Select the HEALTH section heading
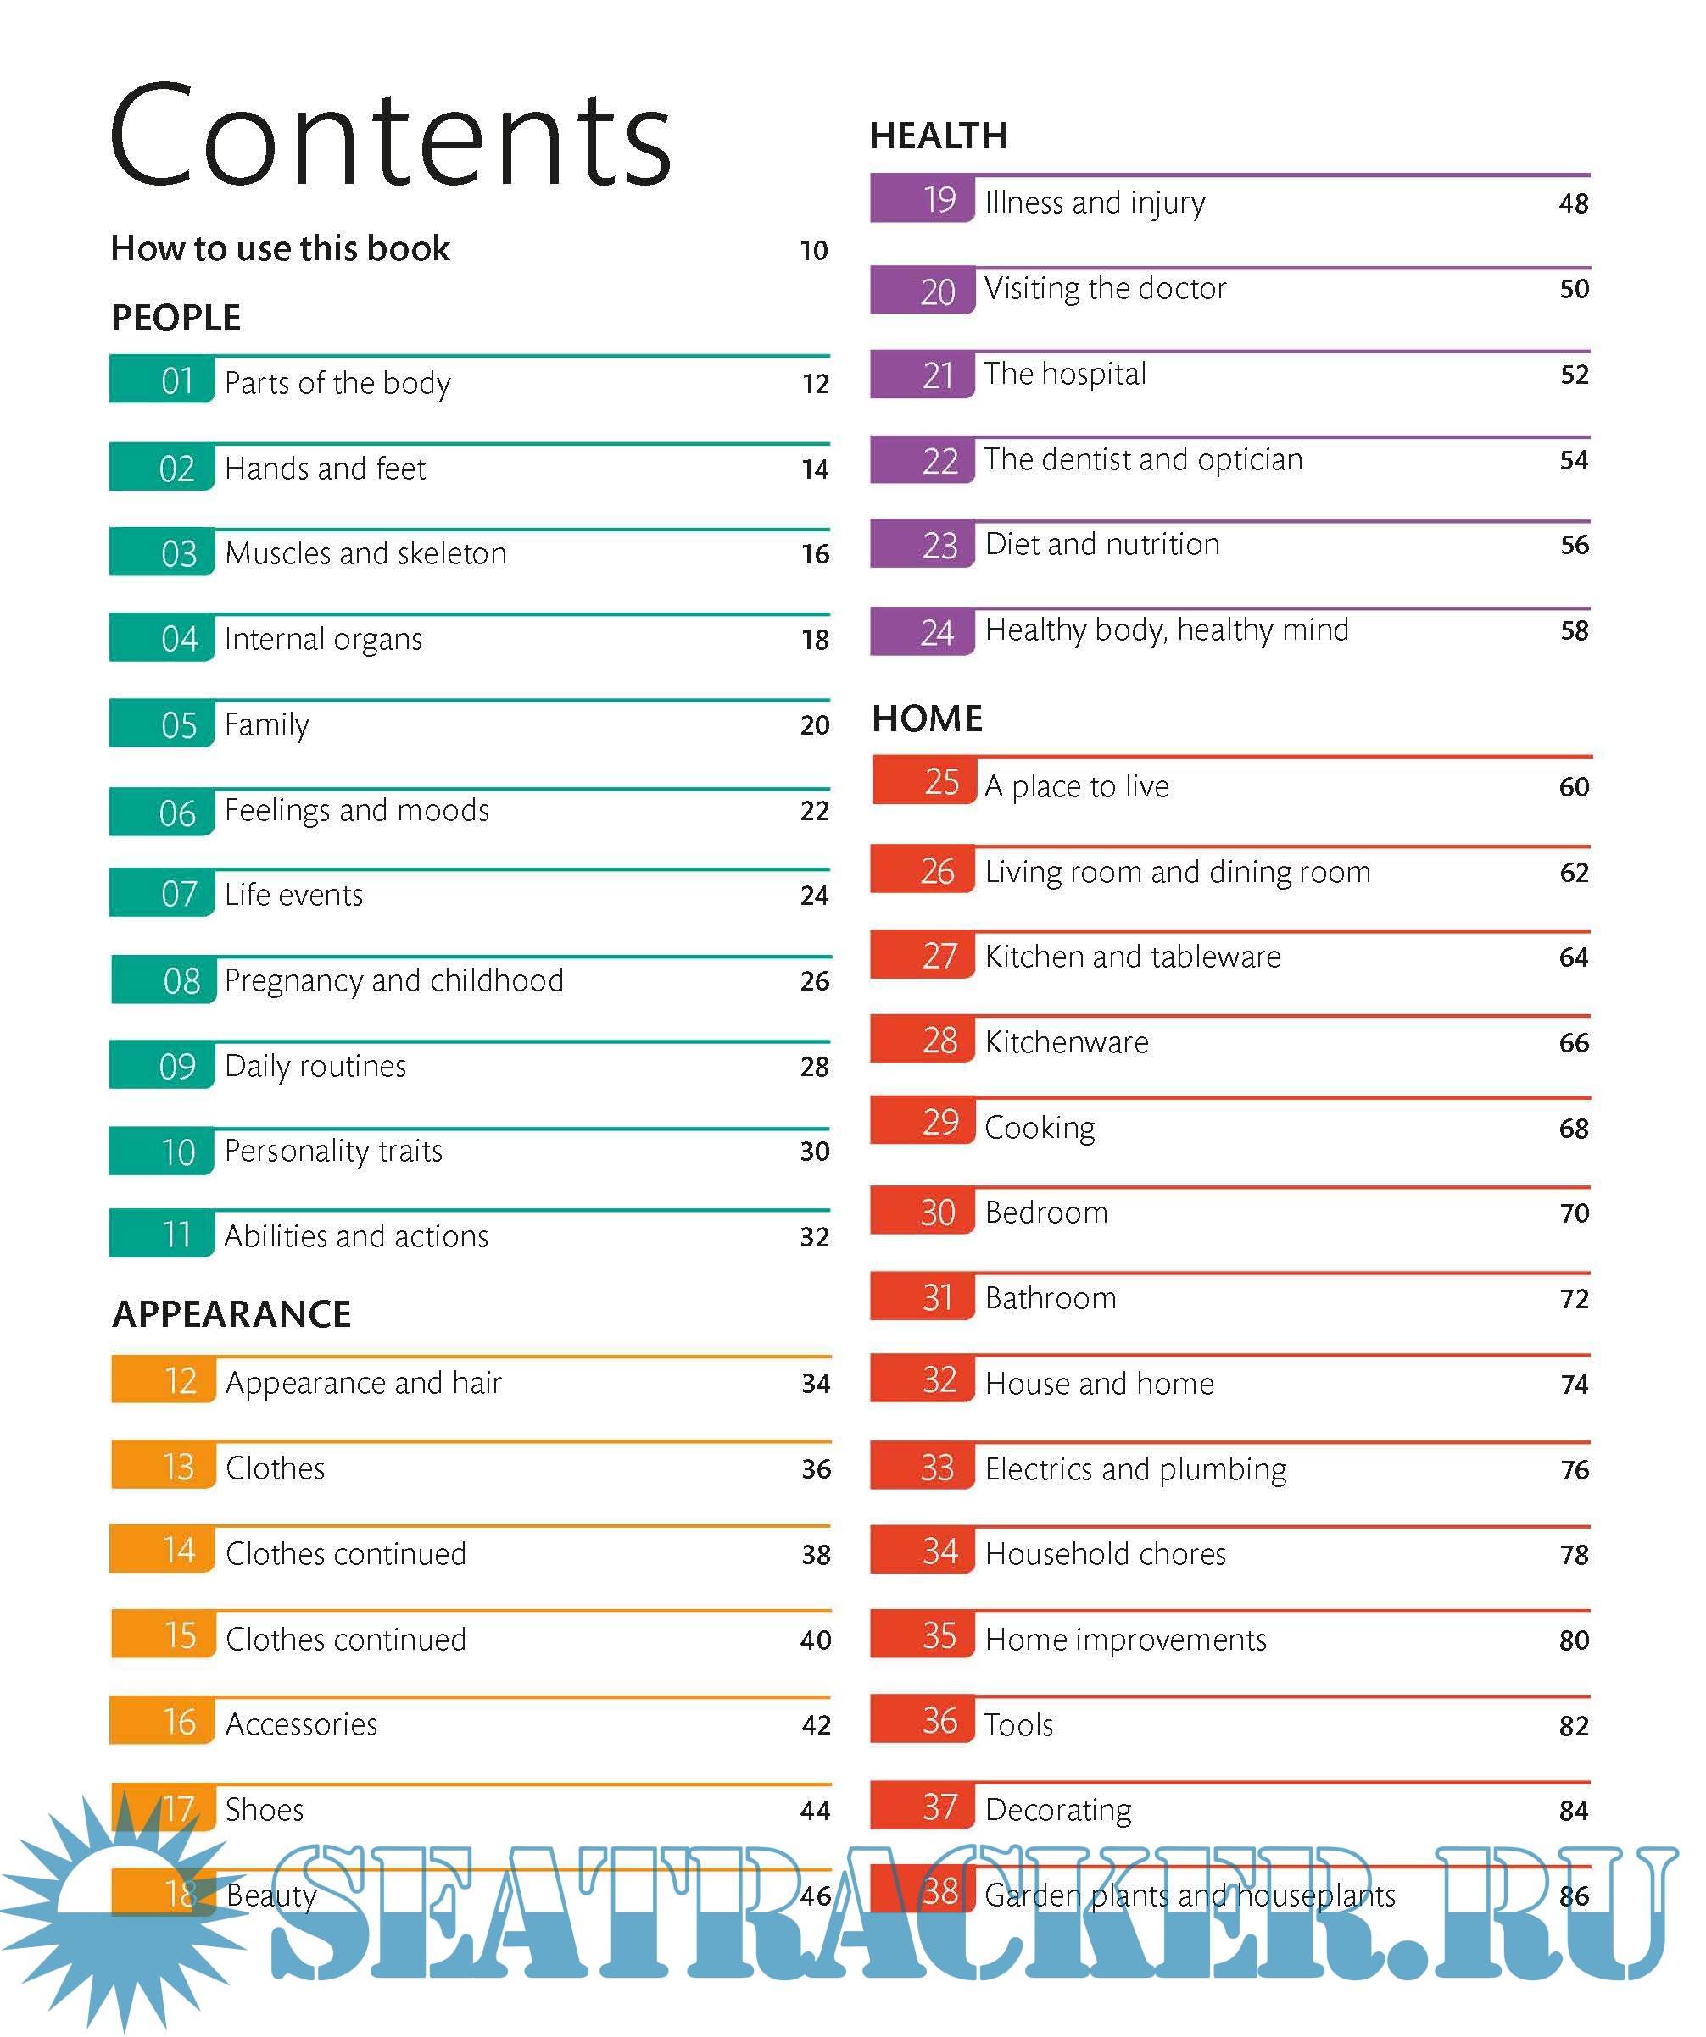pyautogui.click(x=938, y=136)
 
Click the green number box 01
pyautogui.click(x=162, y=381)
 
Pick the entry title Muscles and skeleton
pyautogui.click(x=365, y=554)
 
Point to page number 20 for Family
pyautogui.click(x=814, y=725)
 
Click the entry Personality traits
pyautogui.click(x=333, y=1152)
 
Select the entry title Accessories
pyautogui.click(x=301, y=1724)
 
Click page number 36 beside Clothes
pyautogui.click(x=815, y=1469)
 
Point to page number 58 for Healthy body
pyautogui.click(x=1573, y=631)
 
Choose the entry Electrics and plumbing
pyautogui.click(x=1135, y=1469)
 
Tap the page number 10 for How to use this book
pyautogui.click(x=813, y=251)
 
